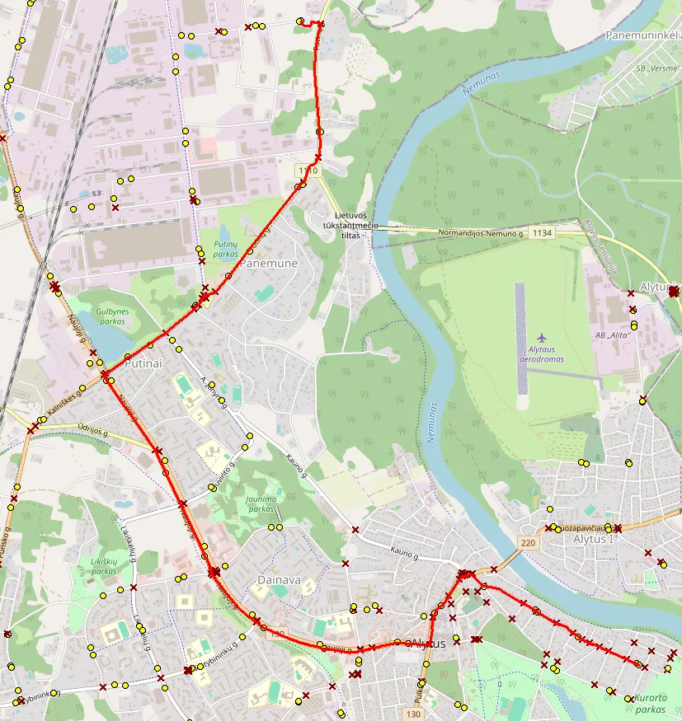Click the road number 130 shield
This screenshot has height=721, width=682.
(414, 713)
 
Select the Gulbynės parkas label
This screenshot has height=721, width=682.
(112, 316)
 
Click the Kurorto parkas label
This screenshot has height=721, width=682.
(650, 704)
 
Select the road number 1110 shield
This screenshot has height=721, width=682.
(308, 171)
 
